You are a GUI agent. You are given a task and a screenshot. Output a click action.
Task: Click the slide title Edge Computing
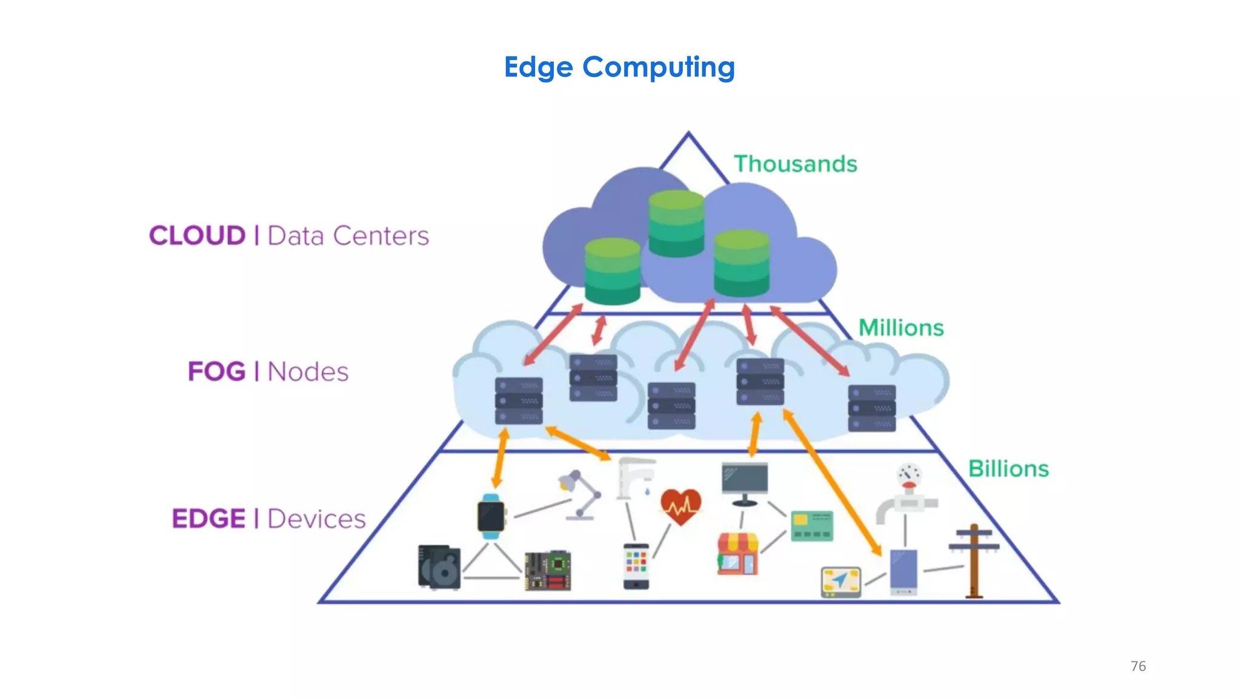619,67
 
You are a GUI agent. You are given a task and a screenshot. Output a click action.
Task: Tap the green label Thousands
795,164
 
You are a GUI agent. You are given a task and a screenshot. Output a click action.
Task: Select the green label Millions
901,328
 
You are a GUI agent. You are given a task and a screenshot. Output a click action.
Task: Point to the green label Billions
1008,468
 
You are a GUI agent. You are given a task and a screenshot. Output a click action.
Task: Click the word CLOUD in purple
197,236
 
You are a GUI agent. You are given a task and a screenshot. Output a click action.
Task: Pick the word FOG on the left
216,371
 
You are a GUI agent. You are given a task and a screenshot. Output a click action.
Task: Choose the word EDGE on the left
208,519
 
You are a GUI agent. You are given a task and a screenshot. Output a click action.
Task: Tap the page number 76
1138,666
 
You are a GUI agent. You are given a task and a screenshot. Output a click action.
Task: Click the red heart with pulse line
680,506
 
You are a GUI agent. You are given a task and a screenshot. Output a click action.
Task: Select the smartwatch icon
491,517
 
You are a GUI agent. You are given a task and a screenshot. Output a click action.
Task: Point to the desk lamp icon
579,494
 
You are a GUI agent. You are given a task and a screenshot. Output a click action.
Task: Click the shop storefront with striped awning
737,553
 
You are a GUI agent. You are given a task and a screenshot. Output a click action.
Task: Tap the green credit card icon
812,525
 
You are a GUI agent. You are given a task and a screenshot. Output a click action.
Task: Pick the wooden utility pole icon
974,560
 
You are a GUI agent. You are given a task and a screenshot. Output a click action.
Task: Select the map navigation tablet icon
840,582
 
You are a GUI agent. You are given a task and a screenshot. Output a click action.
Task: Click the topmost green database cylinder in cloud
676,222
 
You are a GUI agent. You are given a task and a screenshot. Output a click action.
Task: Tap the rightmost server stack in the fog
871,408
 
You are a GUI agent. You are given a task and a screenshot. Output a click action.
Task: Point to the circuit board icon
548,570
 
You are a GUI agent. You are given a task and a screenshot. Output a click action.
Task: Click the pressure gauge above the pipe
909,476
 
